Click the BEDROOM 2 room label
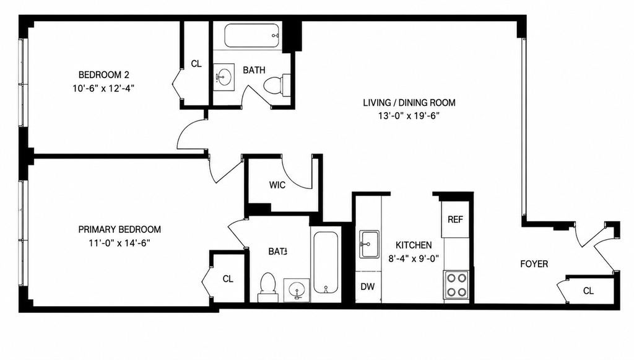pos(104,75)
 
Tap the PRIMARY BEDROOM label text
pos(119,229)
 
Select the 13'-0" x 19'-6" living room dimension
pos(409,116)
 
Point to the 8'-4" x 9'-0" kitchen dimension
pos(414,258)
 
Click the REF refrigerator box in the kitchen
pos(455,219)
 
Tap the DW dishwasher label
pos(368,287)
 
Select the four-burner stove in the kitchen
pos(456,285)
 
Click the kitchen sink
pos(369,244)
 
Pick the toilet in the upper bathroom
pos(277,85)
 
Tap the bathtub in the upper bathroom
pos(252,36)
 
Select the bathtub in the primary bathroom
pos(326,262)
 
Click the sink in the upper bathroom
pos(224,76)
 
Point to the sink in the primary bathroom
pos(297,290)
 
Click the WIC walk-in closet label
pos(277,185)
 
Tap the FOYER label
pos(534,264)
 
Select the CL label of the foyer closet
pos(588,291)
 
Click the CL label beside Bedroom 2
pos(196,64)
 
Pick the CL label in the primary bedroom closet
pos(228,279)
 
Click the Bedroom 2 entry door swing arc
pos(184,130)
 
